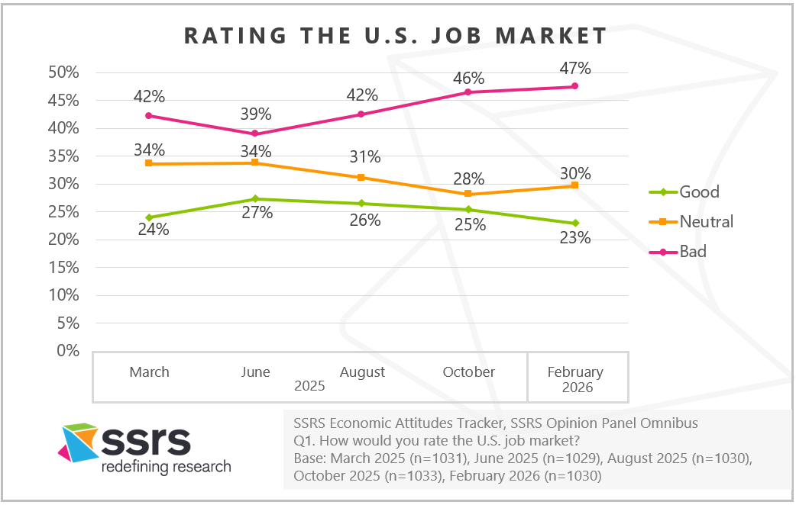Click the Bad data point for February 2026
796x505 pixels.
coord(574,86)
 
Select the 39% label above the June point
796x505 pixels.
coord(256,114)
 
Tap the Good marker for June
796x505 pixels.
coord(255,199)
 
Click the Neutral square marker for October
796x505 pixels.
coord(468,194)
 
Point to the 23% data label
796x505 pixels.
coord(574,238)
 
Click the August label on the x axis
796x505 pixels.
coord(362,372)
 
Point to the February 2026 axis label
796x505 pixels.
coord(575,380)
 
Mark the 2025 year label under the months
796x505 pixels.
coord(309,387)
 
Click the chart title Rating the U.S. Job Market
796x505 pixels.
coord(396,36)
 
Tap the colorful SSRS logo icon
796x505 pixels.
coord(78,443)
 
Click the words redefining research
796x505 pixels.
coord(166,466)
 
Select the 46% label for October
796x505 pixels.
coord(468,78)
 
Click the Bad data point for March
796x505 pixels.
coord(149,116)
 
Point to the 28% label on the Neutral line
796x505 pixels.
coord(468,179)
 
